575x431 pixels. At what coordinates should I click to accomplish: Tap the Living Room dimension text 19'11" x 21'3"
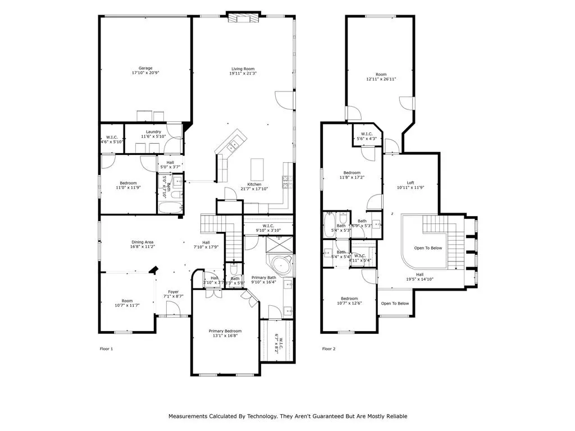[x=243, y=74]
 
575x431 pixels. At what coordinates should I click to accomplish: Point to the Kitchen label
[x=254, y=184]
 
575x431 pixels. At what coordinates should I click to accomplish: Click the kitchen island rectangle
[x=257, y=167]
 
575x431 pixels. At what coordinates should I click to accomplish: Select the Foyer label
[x=174, y=292]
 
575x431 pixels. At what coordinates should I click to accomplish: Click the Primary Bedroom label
[x=223, y=331]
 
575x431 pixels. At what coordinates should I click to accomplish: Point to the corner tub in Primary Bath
[x=280, y=265]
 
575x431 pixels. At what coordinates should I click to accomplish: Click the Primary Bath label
[x=263, y=278]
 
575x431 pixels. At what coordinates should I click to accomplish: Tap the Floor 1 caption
[x=106, y=349]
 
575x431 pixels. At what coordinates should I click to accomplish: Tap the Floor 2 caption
[x=328, y=349]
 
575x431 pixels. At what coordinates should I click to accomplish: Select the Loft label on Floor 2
[x=410, y=183]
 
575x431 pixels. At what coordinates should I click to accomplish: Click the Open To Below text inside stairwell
[x=428, y=247]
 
